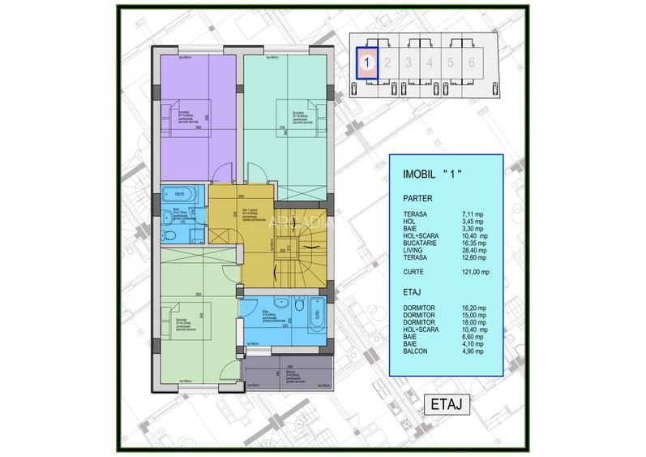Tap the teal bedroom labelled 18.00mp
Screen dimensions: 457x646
pyautogui.click(x=288, y=122)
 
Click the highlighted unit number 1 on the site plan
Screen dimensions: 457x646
pyautogui.click(x=367, y=61)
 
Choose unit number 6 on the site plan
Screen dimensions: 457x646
pyautogui.click(x=472, y=61)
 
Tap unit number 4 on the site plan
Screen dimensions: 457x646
pyautogui.click(x=430, y=61)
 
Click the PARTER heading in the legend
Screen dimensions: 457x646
pyautogui.click(x=417, y=197)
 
